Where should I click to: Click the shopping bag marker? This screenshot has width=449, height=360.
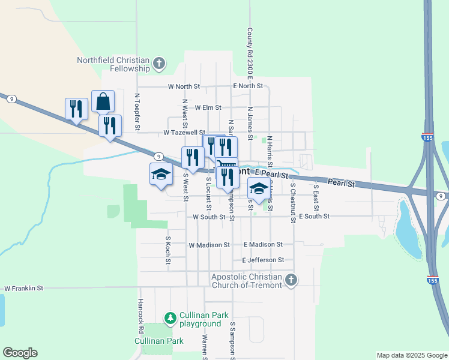click(x=103, y=101)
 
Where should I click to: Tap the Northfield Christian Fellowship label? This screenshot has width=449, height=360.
click(x=113, y=64)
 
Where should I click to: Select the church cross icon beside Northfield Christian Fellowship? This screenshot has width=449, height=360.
click(x=159, y=64)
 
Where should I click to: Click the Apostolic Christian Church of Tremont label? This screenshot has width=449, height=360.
click(x=247, y=281)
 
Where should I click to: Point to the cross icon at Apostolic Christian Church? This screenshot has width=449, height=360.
click(x=291, y=280)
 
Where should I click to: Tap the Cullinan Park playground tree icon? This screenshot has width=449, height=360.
click(x=170, y=317)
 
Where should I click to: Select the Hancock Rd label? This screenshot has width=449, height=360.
click(x=140, y=316)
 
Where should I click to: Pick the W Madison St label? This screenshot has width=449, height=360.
click(x=209, y=245)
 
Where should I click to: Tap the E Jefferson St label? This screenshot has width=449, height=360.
click(x=263, y=260)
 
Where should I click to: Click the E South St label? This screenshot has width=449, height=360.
click(x=314, y=216)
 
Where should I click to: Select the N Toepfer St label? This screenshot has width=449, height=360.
click(x=137, y=112)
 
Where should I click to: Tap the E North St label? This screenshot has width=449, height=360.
click(x=248, y=86)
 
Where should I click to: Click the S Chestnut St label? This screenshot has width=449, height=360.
click(x=293, y=204)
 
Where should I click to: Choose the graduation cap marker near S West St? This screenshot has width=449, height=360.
click(x=160, y=174)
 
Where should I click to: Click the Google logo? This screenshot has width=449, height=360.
click(x=20, y=353)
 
